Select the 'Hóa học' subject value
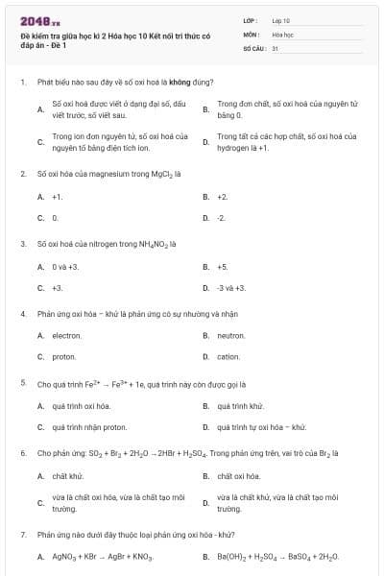tap(282, 34)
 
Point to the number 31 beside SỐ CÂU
tap(276, 47)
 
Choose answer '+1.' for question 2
tap(58, 196)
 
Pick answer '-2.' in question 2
tap(222, 218)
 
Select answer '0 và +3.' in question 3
tap(65, 266)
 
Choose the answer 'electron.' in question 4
tap(66, 335)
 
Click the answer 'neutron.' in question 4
tap(231, 335)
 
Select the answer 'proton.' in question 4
tap(63, 357)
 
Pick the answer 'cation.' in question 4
tap(228, 357)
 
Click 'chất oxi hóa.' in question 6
tap(237, 475)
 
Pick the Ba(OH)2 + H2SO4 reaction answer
tap(278, 557)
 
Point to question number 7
tap(22, 534)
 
